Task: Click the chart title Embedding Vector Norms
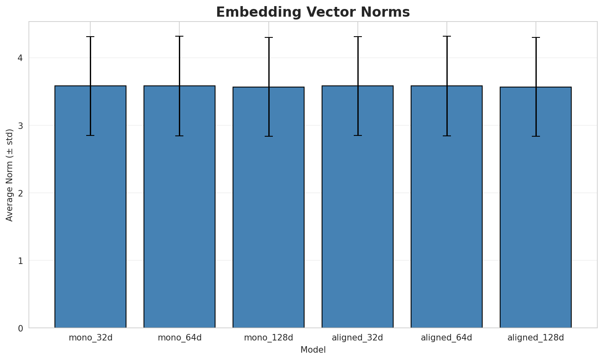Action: pyautogui.click(x=313, y=12)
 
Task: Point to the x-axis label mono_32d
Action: pyautogui.click(x=90, y=338)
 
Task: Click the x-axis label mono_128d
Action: pyautogui.click(x=268, y=338)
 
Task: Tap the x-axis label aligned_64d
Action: pyautogui.click(x=446, y=338)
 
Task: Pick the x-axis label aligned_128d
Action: pyautogui.click(x=536, y=338)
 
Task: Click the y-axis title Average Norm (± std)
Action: pyautogui.click(x=10, y=175)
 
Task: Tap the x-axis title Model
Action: pyautogui.click(x=313, y=350)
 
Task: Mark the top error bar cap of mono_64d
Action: pyautogui.click(x=179, y=36)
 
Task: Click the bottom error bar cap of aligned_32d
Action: pyautogui.click(x=357, y=135)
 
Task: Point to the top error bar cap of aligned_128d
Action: pyautogui.click(x=536, y=37)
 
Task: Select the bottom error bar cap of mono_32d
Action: pyautogui.click(x=90, y=135)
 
